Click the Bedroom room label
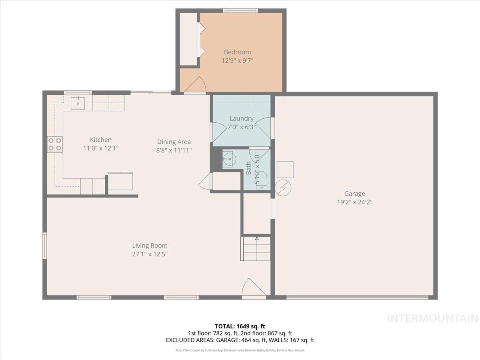click(237, 52)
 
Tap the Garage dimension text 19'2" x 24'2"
click(354, 202)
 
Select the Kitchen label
click(100, 140)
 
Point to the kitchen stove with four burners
click(55, 144)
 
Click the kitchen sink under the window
click(78, 103)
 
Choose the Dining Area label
click(174, 142)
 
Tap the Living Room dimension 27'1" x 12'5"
click(150, 254)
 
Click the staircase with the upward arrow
click(256, 248)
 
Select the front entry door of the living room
click(254, 289)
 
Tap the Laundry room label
click(242, 118)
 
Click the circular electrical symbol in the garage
click(283, 188)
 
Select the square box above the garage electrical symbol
click(285, 170)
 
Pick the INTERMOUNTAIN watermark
click(433, 318)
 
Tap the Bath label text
click(249, 168)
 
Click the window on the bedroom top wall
click(240, 10)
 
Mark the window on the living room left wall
click(45, 245)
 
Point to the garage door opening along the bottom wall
click(357, 297)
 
